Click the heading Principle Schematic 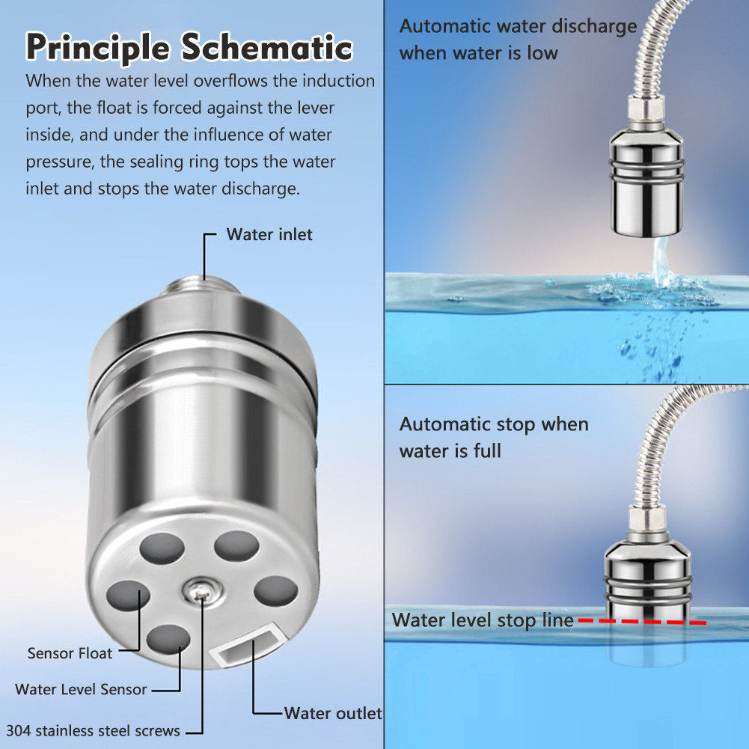189,48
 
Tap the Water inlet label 269,234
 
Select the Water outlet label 333,713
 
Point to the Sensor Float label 70,653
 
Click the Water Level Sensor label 81,689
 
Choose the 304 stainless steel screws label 93,731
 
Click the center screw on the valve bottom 201,591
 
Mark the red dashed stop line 643,622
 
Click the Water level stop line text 483,620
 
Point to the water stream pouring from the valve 661,261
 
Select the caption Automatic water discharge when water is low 519,40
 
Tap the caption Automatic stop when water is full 494,438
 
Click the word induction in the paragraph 339,81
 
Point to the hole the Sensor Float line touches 128,596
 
